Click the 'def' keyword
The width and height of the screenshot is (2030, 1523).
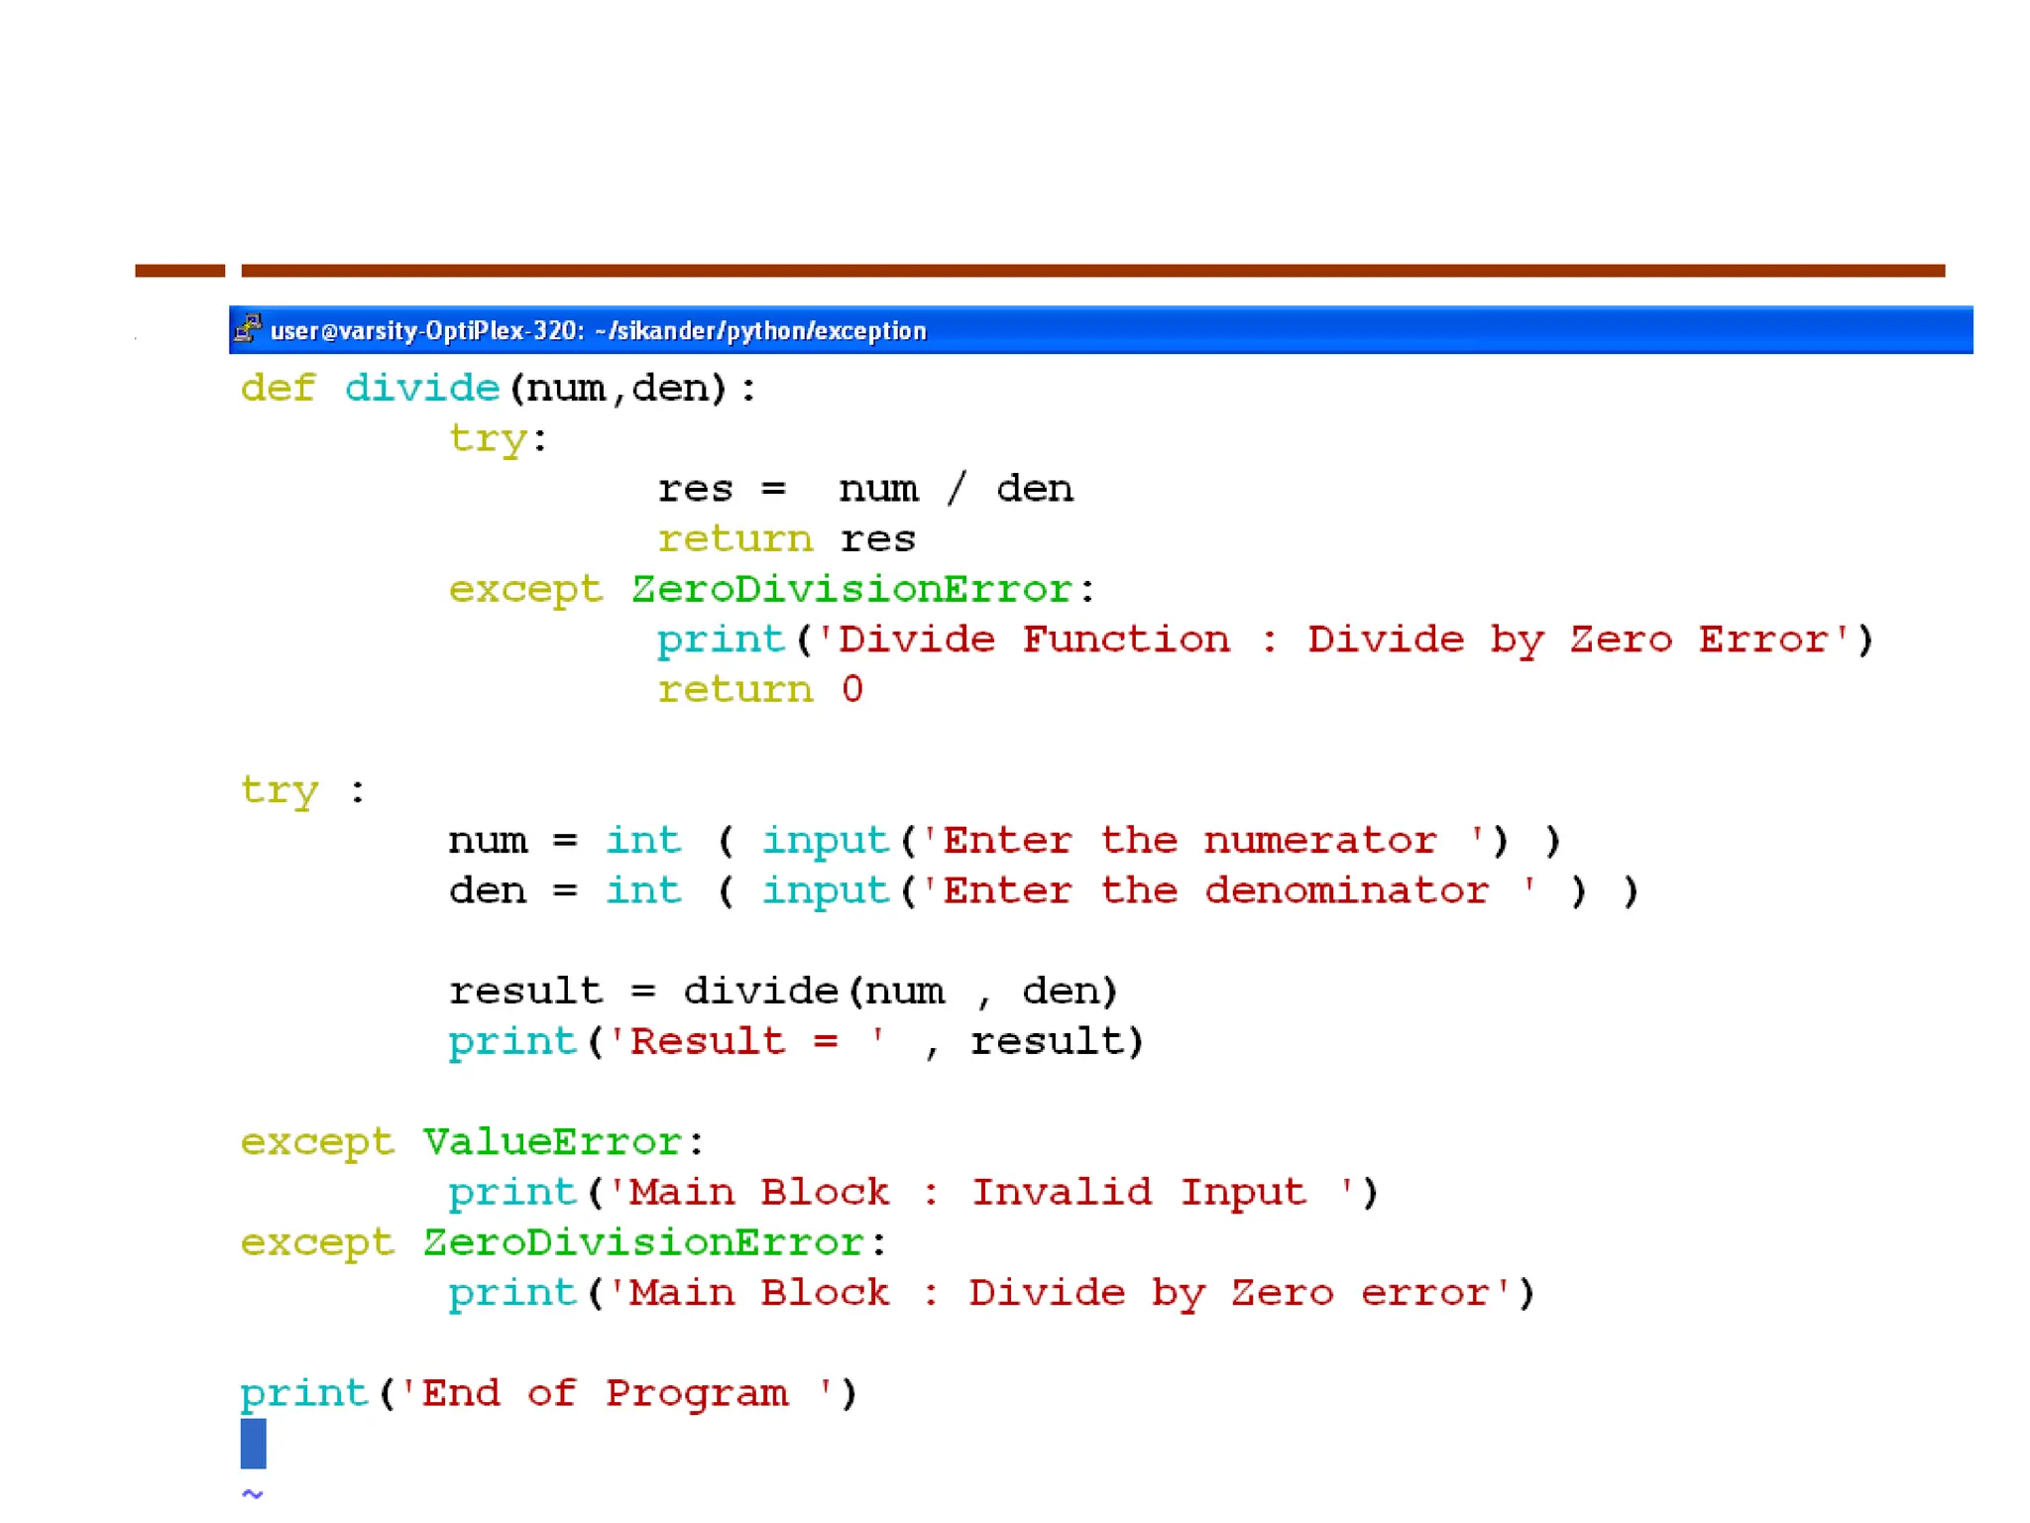pyautogui.click(x=278, y=388)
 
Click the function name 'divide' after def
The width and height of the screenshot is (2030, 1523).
pyautogui.click(x=421, y=388)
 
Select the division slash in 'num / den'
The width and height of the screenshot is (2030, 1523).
pyautogui.click(x=956, y=489)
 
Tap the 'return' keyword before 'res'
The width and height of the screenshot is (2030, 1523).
pyautogui.click(x=734, y=539)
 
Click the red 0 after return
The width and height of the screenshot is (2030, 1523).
pyautogui.click(x=851, y=689)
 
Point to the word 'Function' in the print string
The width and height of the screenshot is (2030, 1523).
pyautogui.click(x=1125, y=640)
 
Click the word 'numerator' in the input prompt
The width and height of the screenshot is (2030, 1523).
pyautogui.click(x=1319, y=841)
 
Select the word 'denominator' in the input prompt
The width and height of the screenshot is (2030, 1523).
pyautogui.click(x=1346, y=891)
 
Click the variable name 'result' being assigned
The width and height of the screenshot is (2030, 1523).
pyautogui.click(x=525, y=992)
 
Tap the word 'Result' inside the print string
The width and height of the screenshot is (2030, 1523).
pyautogui.click(x=707, y=1041)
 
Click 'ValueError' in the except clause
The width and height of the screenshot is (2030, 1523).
pyautogui.click(x=552, y=1142)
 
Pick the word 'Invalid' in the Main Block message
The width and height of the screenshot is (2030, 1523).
pyautogui.click(x=1061, y=1192)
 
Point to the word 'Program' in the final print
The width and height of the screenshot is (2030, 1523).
pyautogui.click(x=697, y=1393)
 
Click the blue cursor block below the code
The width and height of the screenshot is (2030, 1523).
pyautogui.click(x=253, y=1443)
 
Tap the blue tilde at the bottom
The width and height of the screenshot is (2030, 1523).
pyautogui.click(x=252, y=1492)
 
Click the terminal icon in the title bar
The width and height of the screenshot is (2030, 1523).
pyautogui.click(x=248, y=328)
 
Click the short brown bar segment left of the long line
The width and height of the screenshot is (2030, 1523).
pyautogui.click(x=179, y=271)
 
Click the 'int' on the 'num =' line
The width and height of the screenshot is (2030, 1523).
pyautogui.click(x=643, y=841)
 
